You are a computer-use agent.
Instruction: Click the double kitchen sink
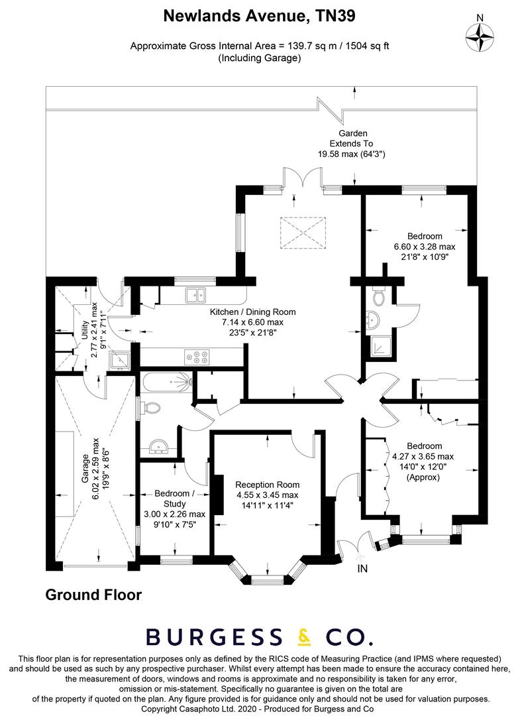197,294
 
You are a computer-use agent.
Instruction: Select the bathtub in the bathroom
166,381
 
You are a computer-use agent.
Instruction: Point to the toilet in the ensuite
378,294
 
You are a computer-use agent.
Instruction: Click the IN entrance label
362,568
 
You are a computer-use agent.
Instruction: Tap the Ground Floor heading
93,595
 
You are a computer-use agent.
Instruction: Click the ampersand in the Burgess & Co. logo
304,636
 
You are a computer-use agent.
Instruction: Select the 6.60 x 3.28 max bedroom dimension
425,247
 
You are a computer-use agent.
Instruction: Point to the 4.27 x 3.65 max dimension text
423,456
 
